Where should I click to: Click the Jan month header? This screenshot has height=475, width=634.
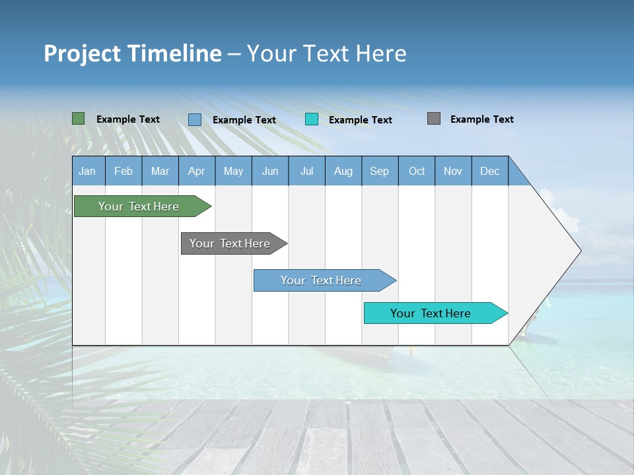(x=87, y=171)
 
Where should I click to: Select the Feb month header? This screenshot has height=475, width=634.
(x=123, y=171)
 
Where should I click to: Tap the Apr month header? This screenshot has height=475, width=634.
(x=196, y=171)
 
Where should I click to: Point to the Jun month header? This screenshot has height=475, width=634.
(x=270, y=171)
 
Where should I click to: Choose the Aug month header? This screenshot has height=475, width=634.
(x=343, y=171)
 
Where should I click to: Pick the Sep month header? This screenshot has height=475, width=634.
(x=379, y=171)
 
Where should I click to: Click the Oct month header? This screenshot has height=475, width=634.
(x=417, y=171)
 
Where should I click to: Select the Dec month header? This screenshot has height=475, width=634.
(x=489, y=171)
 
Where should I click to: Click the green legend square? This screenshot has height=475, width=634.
(x=79, y=119)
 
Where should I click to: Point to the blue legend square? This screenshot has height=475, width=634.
(x=195, y=119)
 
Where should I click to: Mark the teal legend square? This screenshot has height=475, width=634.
(x=312, y=119)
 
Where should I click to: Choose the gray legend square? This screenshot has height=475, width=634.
(x=434, y=119)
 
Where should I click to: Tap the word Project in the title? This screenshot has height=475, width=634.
(x=82, y=53)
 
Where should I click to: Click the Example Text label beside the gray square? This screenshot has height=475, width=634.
(x=481, y=119)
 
